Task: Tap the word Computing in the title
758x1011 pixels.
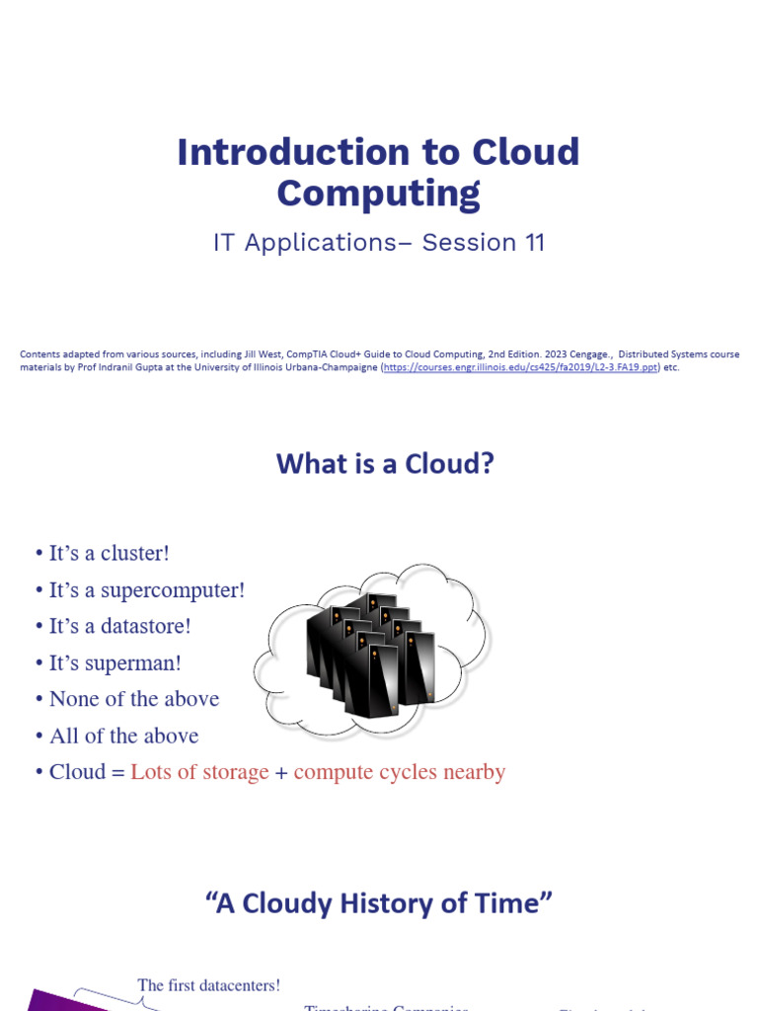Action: point(378,194)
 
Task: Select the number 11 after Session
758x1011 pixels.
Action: point(532,243)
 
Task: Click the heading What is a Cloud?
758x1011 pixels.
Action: point(385,463)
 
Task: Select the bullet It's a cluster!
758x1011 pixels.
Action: point(109,553)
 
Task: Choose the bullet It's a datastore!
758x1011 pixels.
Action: point(119,626)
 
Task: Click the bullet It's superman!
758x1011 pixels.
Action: point(114,662)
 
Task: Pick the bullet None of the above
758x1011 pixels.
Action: point(133,699)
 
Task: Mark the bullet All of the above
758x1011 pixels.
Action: point(123,736)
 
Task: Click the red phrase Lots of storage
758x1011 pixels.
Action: point(199,772)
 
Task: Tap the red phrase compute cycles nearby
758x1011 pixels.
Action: point(400,772)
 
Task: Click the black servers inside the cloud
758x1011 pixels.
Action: point(370,647)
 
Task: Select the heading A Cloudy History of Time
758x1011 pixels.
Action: point(379,903)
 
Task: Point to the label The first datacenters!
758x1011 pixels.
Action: point(209,985)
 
